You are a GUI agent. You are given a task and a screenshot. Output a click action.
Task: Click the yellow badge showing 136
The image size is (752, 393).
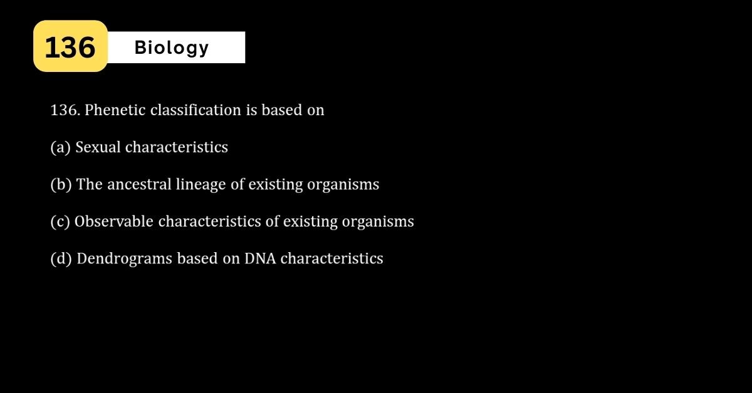[70, 46]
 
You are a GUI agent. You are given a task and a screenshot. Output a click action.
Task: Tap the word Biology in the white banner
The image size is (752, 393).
[172, 48]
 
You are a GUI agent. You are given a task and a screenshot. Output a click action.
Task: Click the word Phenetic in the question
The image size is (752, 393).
[115, 110]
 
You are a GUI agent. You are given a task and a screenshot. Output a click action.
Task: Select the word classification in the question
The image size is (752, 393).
[196, 110]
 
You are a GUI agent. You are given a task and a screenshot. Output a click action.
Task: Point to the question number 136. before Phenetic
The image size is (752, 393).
[65, 110]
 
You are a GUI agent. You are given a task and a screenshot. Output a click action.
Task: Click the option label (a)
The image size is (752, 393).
[60, 148]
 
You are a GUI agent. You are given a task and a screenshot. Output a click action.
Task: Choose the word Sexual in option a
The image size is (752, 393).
[98, 147]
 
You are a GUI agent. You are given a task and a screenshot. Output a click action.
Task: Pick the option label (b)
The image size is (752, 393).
[61, 185]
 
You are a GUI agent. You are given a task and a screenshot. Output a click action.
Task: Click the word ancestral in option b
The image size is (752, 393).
[139, 185]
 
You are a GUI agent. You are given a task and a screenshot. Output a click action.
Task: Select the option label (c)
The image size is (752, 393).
[60, 222]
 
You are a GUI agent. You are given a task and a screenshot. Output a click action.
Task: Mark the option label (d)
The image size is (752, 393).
[61, 258]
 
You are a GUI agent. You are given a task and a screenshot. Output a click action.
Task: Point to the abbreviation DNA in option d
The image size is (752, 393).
[260, 258]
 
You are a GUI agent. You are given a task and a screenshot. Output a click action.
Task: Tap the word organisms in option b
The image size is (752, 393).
[343, 185]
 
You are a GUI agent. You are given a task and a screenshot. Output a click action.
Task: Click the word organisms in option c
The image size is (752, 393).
[378, 222]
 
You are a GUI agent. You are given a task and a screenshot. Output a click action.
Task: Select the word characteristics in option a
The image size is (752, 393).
[177, 147]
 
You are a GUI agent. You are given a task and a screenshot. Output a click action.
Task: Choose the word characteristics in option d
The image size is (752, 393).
[332, 258]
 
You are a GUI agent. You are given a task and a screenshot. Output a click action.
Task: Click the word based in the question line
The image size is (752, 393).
[281, 110]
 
